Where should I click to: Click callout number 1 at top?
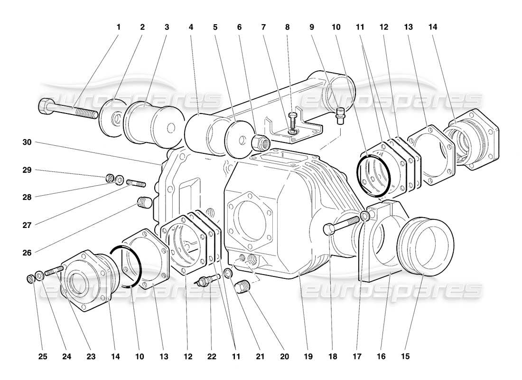[x=118, y=27]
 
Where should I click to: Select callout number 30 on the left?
[x=28, y=142]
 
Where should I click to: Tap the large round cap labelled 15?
[x=426, y=246]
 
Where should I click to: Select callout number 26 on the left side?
[x=28, y=253]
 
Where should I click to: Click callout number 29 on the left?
[x=28, y=170]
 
